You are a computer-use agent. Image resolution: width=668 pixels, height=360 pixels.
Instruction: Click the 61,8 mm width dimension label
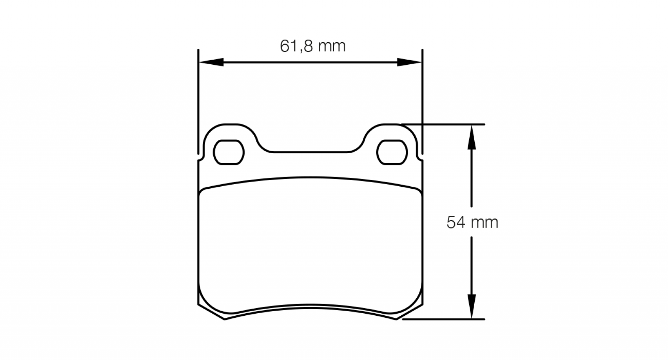pos(313,46)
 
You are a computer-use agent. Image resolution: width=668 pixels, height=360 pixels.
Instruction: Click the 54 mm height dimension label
pos(472,223)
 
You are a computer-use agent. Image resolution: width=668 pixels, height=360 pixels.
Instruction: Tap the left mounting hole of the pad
pos(229,152)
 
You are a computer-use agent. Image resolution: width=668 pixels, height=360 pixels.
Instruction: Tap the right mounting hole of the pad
pos(392,152)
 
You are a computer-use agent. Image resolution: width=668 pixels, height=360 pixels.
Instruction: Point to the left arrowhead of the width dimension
pos(211,62)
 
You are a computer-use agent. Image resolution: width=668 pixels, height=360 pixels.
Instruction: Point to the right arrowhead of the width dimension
pos(410,62)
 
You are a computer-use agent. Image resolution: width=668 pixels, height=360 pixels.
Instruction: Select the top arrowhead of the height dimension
pos(471,137)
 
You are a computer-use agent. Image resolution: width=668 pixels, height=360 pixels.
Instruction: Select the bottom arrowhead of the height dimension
pos(471,307)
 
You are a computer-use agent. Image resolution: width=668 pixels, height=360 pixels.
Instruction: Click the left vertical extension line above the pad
pos(198,102)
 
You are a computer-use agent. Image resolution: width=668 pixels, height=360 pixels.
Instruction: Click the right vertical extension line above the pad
pos(423,102)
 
